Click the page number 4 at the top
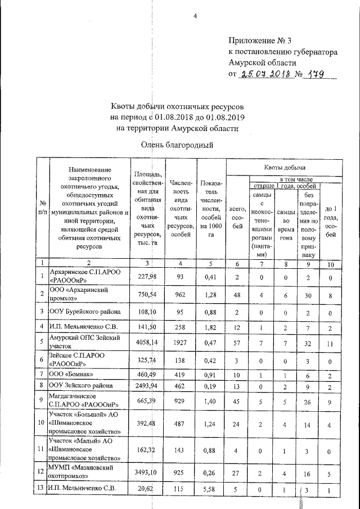(x=195, y=16)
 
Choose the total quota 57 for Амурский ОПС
(x=237, y=341)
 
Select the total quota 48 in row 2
(x=237, y=293)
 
